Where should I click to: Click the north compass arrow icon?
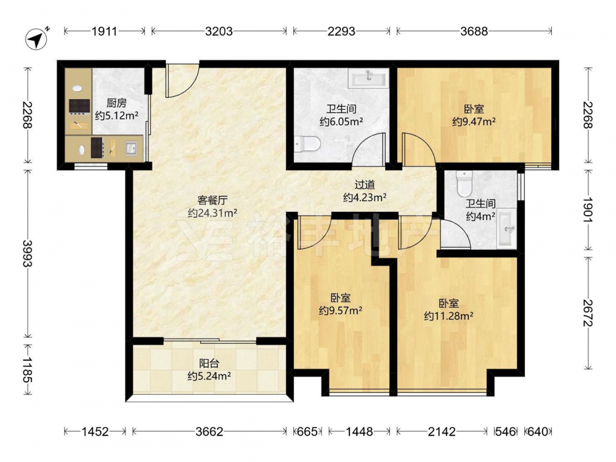pyautogui.click(x=36, y=38)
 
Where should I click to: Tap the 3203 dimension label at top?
pyautogui.click(x=219, y=31)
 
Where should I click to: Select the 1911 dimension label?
pyautogui.click(x=105, y=31)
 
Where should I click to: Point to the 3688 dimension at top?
pyautogui.click(x=474, y=31)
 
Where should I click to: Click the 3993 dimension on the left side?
pyautogui.click(x=27, y=254)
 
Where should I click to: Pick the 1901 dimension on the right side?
pyautogui.click(x=588, y=210)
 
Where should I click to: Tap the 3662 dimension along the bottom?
pyautogui.click(x=209, y=432)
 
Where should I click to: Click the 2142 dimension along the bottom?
pyautogui.click(x=442, y=432)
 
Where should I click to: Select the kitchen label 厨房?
pyautogui.click(x=116, y=103)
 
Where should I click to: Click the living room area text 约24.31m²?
pyautogui.click(x=212, y=213)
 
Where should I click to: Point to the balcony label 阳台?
pyautogui.click(x=209, y=363)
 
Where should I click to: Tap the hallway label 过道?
pyautogui.click(x=365, y=185)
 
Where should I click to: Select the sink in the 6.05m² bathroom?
pyautogui.click(x=369, y=78)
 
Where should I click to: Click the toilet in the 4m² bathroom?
pyautogui.click(x=464, y=184)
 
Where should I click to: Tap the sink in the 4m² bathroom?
pyautogui.click(x=506, y=228)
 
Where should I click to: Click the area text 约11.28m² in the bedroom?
pyautogui.click(x=448, y=316)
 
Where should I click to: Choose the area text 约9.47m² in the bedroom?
pyautogui.click(x=473, y=121)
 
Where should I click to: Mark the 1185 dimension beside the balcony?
pyautogui.click(x=27, y=370)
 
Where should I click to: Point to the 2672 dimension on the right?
pyautogui.click(x=588, y=313)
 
